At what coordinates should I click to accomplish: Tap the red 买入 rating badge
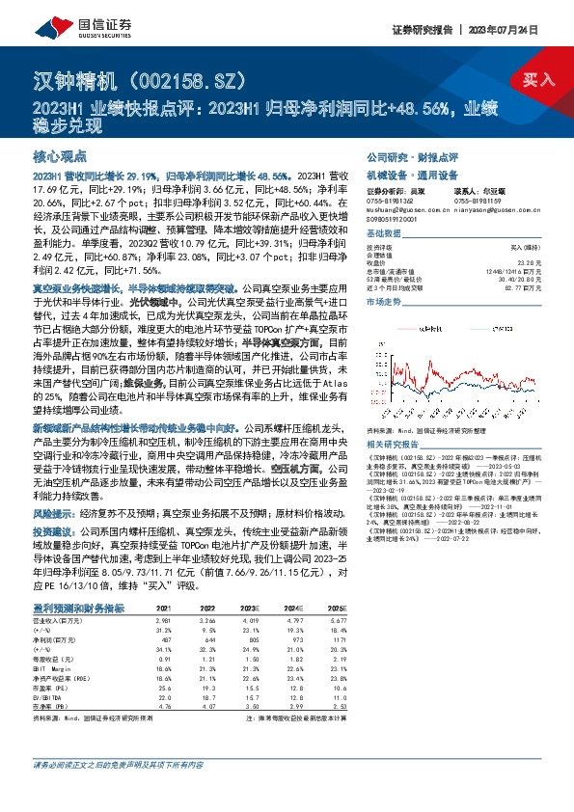535,80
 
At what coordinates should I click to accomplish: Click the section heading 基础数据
385,235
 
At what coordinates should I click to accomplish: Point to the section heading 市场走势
385,302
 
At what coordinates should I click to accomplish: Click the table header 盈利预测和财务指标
78,608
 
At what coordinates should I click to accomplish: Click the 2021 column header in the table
164,609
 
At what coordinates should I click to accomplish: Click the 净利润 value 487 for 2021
166,638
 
